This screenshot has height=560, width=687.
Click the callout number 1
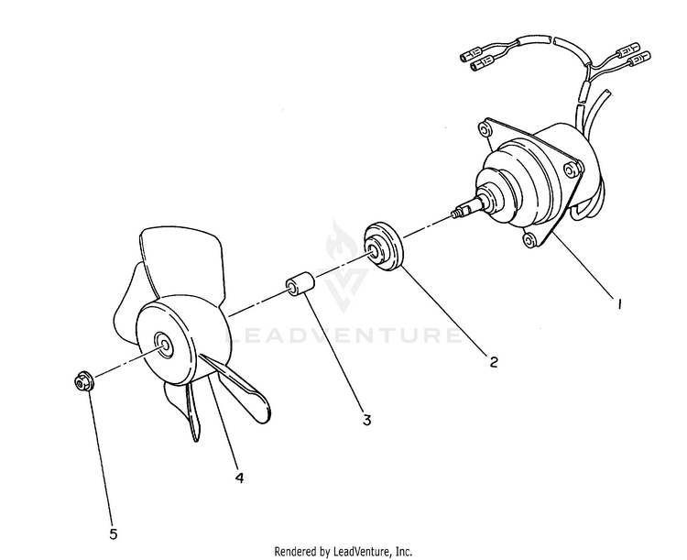(619, 303)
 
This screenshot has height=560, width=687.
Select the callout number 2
(494, 362)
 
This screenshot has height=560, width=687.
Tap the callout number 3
(366, 420)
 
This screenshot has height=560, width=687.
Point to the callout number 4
(239, 478)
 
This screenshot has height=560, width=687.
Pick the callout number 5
(114, 534)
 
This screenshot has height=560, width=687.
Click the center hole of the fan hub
(164, 341)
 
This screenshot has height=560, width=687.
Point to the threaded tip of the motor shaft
(454, 214)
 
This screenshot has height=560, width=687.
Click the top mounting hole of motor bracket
(484, 129)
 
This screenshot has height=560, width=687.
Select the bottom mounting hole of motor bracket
(529, 239)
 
